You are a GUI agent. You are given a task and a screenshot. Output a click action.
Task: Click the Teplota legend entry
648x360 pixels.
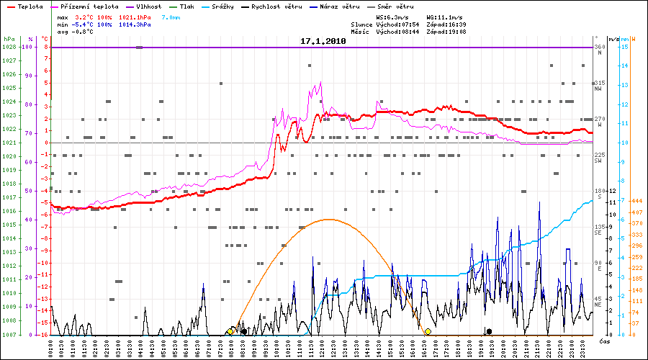point(29,6)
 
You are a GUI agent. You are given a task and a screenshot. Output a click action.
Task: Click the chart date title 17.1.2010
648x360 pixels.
point(323,42)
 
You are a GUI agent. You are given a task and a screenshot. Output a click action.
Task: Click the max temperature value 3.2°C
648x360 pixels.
point(85,16)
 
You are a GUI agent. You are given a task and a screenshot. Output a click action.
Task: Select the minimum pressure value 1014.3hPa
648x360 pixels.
point(136,24)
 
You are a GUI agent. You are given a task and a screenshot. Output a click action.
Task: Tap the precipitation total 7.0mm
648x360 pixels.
point(171,16)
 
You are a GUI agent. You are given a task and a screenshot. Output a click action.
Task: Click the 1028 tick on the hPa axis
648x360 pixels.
point(8,47)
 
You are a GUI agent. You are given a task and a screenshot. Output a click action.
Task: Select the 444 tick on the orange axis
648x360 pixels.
point(636,201)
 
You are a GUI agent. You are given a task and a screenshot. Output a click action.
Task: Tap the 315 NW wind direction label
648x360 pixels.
point(598,85)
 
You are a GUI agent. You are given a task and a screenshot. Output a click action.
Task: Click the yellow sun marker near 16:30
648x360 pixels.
point(428,332)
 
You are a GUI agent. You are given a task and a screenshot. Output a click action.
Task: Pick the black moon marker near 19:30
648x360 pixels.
point(490,331)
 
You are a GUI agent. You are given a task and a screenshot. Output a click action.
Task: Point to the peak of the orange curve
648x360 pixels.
point(328,219)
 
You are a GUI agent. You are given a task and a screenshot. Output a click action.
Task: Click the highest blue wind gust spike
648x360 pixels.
point(539,203)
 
